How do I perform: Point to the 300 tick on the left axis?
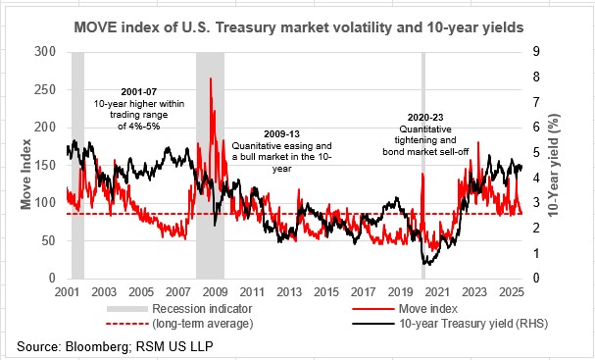coord(45,50)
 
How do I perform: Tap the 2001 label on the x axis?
coord(68,292)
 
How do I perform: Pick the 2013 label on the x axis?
coord(289,292)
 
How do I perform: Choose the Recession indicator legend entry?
coord(202,307)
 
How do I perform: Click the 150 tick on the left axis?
coord(45,164)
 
